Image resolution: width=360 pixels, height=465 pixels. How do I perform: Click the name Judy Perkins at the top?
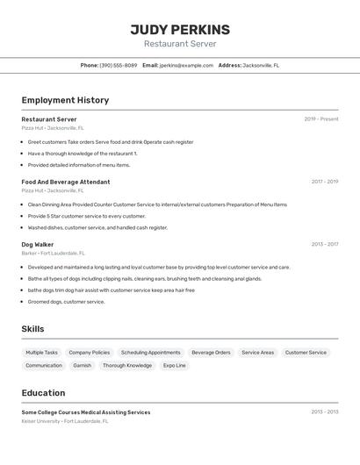coord(180,30)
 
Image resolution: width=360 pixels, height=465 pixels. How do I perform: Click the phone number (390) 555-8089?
coord(118,65)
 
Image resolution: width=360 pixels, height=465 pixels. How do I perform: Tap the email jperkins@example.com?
coord(186,65)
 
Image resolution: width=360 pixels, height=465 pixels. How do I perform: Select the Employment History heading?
coord(65,100)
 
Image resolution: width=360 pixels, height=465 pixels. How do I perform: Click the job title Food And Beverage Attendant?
coord(66,182)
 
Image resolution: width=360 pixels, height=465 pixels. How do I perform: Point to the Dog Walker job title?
coord(38,245)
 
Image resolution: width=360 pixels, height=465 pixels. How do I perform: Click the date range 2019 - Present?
coord(321,119)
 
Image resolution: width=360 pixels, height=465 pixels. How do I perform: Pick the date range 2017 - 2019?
coord(325,182)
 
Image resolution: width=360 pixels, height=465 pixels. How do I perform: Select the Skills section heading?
coord(33,329)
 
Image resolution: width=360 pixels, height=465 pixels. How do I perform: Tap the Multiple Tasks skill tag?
coord(42,353)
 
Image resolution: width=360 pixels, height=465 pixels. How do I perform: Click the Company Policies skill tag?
coord(90,353)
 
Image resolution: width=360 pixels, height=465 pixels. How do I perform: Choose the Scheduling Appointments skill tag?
coord(151,353)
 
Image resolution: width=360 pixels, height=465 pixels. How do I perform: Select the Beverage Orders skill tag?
coord(211,353)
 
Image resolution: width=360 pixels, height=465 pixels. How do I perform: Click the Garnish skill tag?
coord(83,365)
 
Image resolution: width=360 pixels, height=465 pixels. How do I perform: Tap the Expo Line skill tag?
coord(175,365)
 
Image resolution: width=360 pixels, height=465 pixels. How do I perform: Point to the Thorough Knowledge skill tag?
coord(127,365)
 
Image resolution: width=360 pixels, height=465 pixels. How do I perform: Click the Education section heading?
coord(44,393)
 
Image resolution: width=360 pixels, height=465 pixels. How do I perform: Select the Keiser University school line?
coord(65,421)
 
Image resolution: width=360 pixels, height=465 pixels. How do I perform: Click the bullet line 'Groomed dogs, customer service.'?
coord(66,302)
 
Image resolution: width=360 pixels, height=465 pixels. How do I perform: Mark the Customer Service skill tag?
coord(306,353)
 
